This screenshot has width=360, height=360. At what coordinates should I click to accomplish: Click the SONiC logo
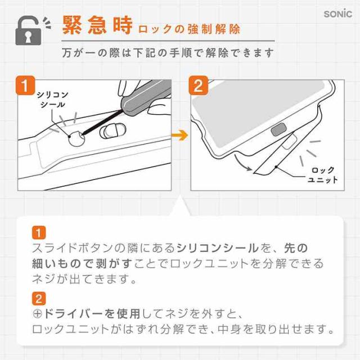[x=337, y=14]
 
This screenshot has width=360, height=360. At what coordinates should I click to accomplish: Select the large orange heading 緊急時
[x=97, y=25]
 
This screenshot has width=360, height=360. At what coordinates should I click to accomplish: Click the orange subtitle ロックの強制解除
[x=189, y=29]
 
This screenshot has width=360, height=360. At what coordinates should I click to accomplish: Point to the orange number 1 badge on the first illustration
[x=25, y=85]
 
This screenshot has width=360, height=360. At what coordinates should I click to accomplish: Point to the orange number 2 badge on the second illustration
[x=199, y=85]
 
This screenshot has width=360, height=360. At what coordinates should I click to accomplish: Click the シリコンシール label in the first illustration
[x=52, y=100]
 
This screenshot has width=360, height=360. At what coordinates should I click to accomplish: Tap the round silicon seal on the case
[x=76, y=139]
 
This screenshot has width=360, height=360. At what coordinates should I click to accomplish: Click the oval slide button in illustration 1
[x=113, y=130]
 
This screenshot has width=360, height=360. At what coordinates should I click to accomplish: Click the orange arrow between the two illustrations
[x=180, y=135]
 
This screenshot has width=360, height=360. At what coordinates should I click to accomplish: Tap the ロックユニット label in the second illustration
[x=323, y=175]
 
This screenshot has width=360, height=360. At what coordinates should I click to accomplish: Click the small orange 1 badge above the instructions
[x=39, y=232]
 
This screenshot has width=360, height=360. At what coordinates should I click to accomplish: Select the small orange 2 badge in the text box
[x=39, y=299]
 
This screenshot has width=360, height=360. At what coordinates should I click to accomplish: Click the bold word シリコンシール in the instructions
[x=218, y=248]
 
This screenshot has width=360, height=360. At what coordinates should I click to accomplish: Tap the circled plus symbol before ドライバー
[x=37, y=314]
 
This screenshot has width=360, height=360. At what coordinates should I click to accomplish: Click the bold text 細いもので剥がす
[x=82, y=264]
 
